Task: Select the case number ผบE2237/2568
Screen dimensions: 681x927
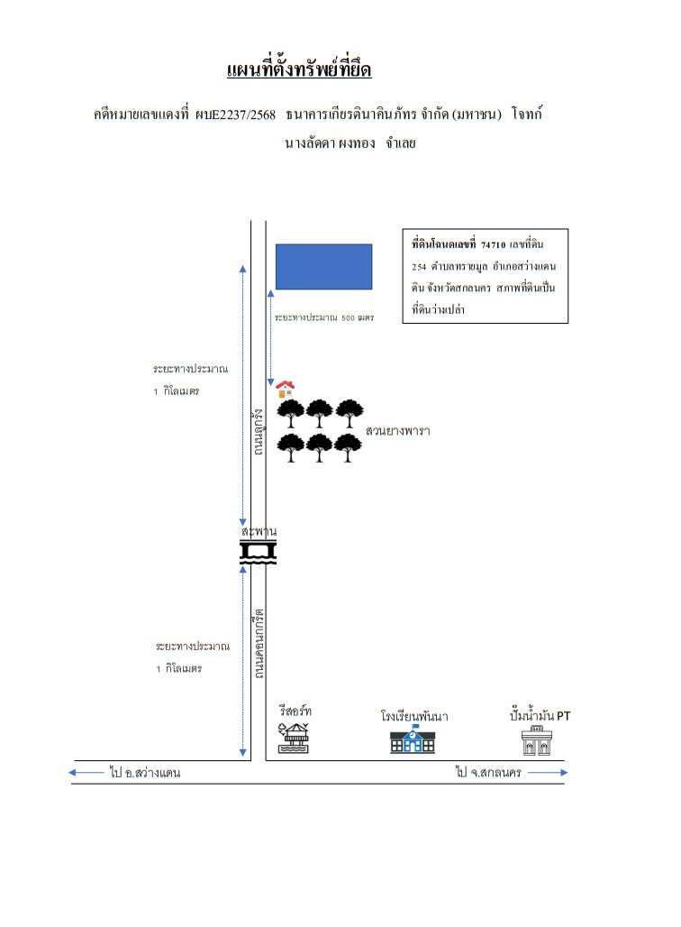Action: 235,115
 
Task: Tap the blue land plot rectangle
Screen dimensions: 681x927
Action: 323,267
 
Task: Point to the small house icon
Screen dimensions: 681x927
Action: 285,389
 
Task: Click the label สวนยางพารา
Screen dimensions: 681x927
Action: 397,430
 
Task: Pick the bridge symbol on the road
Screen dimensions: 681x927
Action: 259,552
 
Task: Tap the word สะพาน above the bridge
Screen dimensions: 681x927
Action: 259,531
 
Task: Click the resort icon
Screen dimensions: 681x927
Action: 294,739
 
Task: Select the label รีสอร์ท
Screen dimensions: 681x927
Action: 295,710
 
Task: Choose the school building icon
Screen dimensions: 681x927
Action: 413,740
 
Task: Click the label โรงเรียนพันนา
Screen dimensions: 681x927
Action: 414,716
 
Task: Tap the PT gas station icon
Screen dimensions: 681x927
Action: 536,740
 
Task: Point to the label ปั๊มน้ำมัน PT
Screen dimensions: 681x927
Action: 540,715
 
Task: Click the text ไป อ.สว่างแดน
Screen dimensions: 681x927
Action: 145,772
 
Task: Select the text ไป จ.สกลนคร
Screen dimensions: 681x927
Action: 488,772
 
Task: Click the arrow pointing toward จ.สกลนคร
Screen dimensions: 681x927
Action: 548,772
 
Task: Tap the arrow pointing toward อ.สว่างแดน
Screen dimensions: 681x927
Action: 86,772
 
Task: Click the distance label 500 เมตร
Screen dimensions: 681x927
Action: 358,317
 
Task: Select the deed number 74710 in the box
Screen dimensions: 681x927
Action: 493,244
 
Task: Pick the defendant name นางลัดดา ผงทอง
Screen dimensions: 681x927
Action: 330,143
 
